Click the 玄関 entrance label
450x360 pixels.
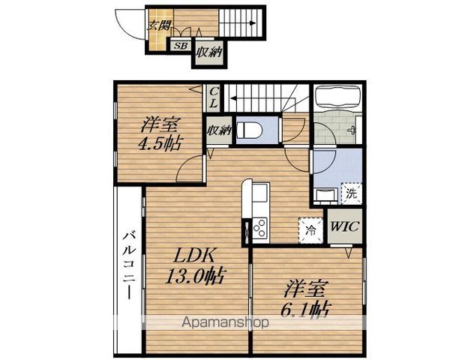pyautogui.click(x=159, y=25)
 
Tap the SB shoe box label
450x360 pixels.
pyautogui.click(x=181, y=46)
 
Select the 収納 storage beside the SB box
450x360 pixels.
pyautogui.click(x=209, y=52)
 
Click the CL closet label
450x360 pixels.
pyautogui.click(x=214, y=97)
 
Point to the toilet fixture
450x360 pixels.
pyautogui.click(x=250, y=130)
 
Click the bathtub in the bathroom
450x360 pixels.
pyautogui.click(x=337, y=97)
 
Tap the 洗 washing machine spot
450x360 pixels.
pyautogui.click(x=351, y=193)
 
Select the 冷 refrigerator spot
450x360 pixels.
pyautogui.click(x=310, y=230)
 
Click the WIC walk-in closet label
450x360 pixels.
pyautogui.click(x=344, y=226)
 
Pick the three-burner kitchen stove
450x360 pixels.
pyautogui.click(x=260, y=228)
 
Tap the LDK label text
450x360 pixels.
pyautogui.click(x=194, y=256)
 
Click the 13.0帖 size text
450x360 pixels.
pyautogui.click(x=194, y=276)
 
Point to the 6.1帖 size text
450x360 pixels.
pyautogui.click(x=305, y=310)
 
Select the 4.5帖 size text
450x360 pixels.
pyautogui.click(x=160, y=143)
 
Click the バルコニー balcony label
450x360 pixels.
pyautogui.click(x=130, y=265)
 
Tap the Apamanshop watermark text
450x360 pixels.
pyautogui.click(x=226, y=322)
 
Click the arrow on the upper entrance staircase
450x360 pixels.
pyautogui.click(x=238, y=23)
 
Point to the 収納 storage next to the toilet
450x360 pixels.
pyautogui.click(x=219, y=130)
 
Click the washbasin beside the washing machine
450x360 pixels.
pyautogui.click(x=326, y=195)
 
